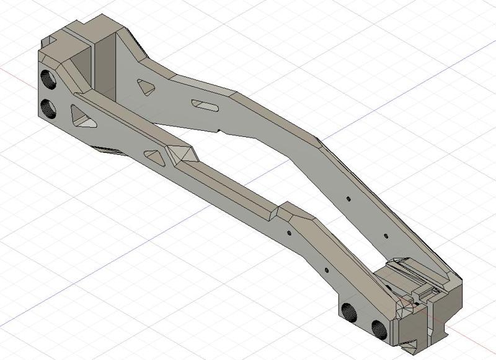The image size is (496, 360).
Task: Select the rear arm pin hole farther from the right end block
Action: coord(348,199)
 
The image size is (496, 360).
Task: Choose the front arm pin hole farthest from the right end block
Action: coord(288,233)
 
